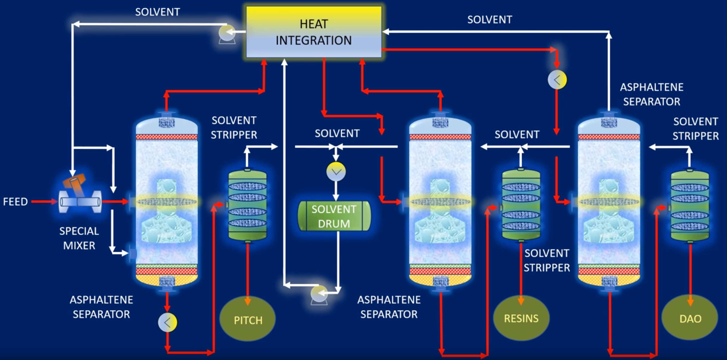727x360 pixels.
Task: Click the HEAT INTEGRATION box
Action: (x=314, y=32)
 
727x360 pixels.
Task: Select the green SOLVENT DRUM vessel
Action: (x=334, y=216)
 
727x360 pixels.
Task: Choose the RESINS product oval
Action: (x=521, y=318)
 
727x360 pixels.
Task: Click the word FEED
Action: (x=15, y=202)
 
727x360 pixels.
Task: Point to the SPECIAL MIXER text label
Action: (x=79, y=238)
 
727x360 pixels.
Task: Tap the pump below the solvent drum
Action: (x=319, y=294)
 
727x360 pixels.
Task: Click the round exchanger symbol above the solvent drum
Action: (x=336, y=171)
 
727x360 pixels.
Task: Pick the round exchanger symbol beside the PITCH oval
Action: (x=167, y=322)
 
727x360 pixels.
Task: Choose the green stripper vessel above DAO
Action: (x=690, y=206)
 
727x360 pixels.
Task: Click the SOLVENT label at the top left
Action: (x=157, y=12)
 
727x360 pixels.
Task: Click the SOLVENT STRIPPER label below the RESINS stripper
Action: (x=547, y=260)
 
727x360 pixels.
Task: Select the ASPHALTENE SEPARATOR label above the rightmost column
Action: (x=652, y=94)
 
